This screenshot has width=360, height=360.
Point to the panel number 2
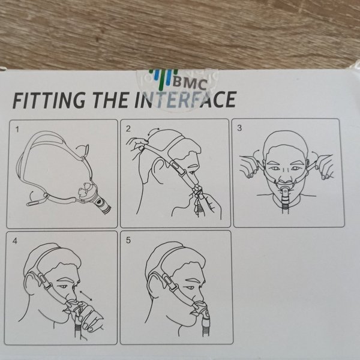pyautogui.click(x=128, y=129)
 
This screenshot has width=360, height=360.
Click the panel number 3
pyautogui.click(x=240, y=128)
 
